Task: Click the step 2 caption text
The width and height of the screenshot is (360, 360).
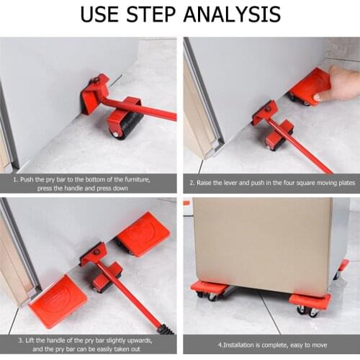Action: coord(272,183)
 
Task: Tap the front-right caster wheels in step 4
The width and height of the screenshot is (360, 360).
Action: coord(307,310)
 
